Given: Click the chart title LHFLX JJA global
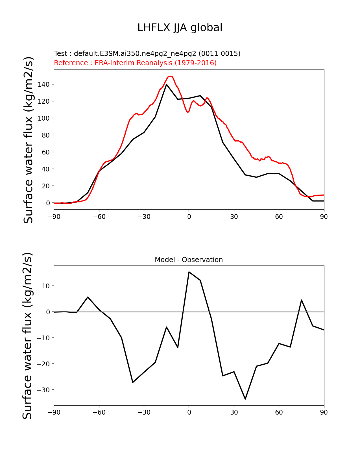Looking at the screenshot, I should click(180, 28).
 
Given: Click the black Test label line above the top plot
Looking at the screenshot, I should click(147, 54).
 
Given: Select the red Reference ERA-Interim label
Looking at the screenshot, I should click(135, 63).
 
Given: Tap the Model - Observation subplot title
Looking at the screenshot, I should click(189, 260).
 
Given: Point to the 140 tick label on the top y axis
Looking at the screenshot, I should click(44, 84).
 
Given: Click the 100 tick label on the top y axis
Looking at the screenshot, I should click(44, 118).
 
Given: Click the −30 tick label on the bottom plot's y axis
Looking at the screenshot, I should click(43, 390).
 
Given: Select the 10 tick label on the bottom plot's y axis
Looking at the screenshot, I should click(45, 286).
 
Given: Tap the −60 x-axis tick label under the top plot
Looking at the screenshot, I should click(99, 217).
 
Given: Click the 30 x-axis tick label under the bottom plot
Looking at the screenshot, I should click(234, 413).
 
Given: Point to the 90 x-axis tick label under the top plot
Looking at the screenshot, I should click(324, 217).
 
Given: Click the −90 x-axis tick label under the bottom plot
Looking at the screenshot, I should click(54, 413).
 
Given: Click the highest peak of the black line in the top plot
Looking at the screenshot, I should click(166, 84).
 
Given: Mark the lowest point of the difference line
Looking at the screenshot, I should click(245, 399).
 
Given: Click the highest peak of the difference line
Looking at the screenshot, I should click(189, 272).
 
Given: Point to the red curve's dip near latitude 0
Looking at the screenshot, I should click(188, 112).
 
